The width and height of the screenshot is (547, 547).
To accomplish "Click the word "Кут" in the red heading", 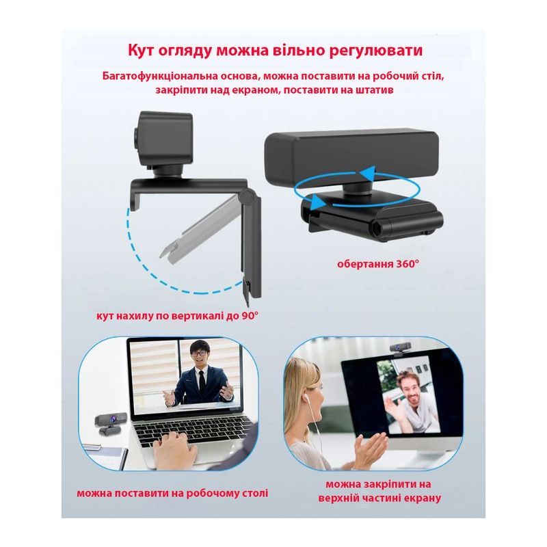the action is (139, 50).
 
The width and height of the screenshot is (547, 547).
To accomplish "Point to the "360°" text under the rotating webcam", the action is (407, 264).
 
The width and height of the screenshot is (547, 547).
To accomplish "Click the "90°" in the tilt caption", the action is (250, 316).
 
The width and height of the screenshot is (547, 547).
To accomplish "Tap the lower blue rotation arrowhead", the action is (316, 202).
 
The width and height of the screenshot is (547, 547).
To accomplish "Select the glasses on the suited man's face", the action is (198, 353).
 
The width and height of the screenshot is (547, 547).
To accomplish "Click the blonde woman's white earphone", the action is (306, 397).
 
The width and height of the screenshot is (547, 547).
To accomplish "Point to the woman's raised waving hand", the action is (369, 450).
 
